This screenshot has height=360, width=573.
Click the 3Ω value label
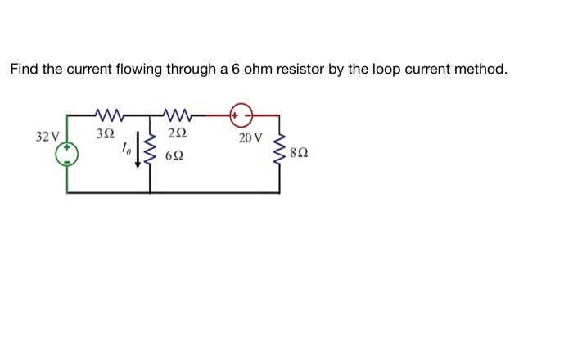click(x=106, y=133)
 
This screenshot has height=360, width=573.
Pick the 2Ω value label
click(x=177, y=133)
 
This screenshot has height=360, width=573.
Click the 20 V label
click(x=251, y=137)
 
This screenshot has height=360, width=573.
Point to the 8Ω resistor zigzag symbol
click(x=281, y=151)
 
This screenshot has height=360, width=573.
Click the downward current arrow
click(x=137, y=152)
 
